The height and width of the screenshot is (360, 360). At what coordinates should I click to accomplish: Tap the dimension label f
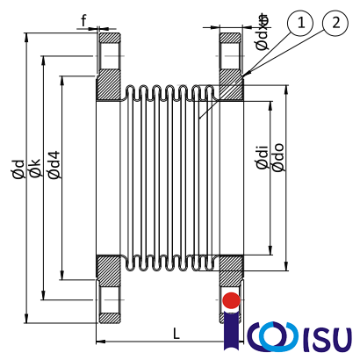(x=84, y=19)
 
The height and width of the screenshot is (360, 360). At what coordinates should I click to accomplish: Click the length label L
(x=176, y=333)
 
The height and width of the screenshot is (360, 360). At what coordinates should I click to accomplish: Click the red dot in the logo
(x=231, y=300)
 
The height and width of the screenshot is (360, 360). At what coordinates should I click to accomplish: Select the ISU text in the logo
(x=325, y=336)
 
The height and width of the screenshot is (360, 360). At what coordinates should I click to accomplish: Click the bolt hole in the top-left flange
(x=110, y=54)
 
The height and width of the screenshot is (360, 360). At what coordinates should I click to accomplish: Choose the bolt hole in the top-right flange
(x=231, y=54)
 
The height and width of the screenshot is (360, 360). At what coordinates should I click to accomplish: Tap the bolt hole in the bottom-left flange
(x=110, y=300)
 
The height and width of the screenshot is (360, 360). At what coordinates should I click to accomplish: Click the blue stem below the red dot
(x=231, y=329)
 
